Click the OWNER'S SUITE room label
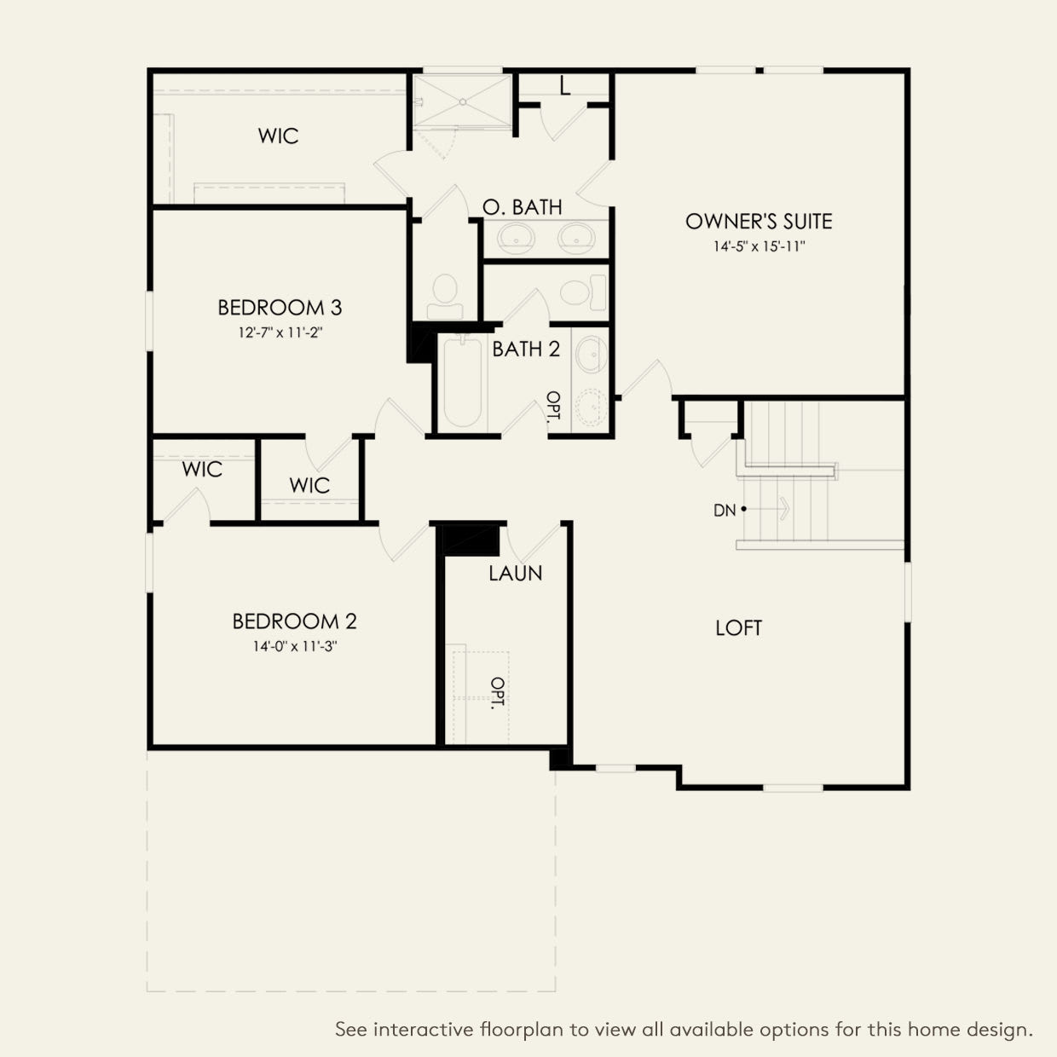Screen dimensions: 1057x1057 (759, 222)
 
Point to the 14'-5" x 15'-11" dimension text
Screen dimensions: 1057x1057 (759, 247)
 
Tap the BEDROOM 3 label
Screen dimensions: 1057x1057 (280, 307)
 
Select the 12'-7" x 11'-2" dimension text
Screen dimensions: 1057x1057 (280, 332)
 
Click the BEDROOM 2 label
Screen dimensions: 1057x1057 (294, 621)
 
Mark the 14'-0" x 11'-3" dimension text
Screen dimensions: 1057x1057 (294, 646)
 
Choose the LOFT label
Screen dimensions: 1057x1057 (738, 628)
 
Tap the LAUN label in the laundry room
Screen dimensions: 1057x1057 (515, 574)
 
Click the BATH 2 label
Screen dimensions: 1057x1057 (526, 349)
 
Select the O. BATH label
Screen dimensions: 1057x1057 (522, 207)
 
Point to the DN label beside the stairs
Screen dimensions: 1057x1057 (724, 511)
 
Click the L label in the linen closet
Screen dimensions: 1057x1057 (564, 86)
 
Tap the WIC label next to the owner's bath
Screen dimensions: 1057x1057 (278, 136)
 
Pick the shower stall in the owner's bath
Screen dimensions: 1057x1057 (462, 101)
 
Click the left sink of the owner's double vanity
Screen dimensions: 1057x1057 (513, 234)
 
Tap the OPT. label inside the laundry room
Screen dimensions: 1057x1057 (497, 693)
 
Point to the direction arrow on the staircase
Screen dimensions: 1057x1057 (779, 510)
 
